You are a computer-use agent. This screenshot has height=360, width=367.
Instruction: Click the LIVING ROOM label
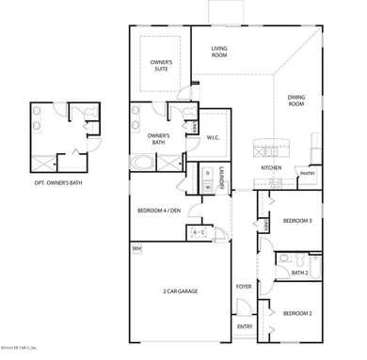pos(220,52)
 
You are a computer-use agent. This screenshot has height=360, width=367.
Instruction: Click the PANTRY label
pos(306,174)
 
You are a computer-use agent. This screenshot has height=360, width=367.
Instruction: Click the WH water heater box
pos(136,249)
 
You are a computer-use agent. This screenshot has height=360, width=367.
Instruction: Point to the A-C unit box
pos(199,231)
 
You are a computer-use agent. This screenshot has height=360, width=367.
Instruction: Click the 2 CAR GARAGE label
pos(179,290)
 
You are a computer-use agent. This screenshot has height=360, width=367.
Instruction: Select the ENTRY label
pos(244,327)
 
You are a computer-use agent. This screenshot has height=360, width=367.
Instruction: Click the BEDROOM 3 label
pos(297,220)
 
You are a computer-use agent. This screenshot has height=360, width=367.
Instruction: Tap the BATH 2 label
pos(299,273)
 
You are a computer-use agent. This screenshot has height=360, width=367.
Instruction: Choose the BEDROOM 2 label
pos(297,312)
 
